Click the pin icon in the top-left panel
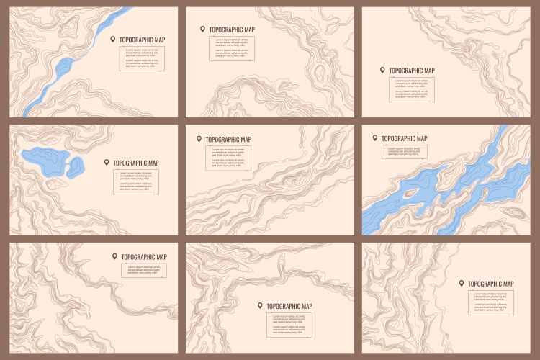[113, 39]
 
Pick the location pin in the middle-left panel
[107, 163]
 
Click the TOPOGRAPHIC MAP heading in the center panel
[228, 140]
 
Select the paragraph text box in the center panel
[228, 158]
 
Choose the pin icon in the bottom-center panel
[260, 305]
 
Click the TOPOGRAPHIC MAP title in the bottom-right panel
[491, 284]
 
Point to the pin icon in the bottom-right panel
[462, 283]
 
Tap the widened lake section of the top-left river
[63, 68]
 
